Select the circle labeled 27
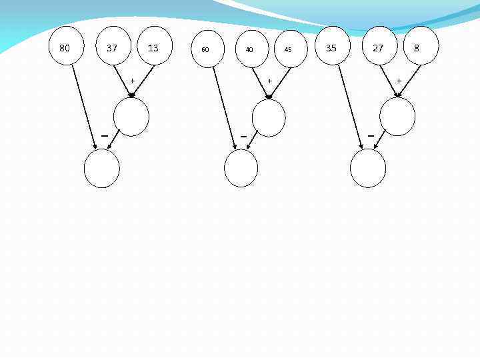click(x=379, y=47)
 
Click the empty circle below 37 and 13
click(x=131, y=117)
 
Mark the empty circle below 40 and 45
click(x=269, y=118)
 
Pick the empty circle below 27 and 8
click(x=397, y=117)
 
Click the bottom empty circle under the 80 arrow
click(x=102, y=168)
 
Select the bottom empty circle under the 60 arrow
click(x=241, y=168)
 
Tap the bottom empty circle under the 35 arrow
click(x=368, y=168)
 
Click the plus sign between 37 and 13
click(x=132, y=81)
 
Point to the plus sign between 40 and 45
click(x=269, y=81)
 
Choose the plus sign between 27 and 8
click(x=399, y=81)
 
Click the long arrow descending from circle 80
click(x=84, y=107)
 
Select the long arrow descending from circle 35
click(x=350, y=107)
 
